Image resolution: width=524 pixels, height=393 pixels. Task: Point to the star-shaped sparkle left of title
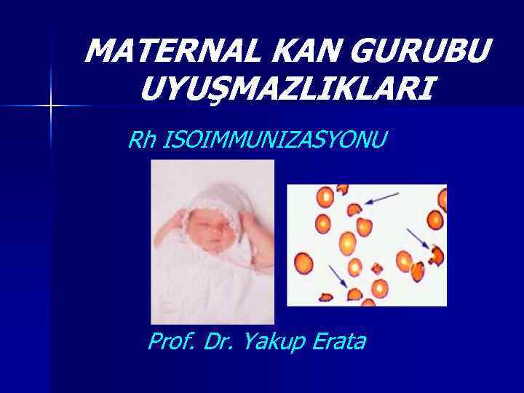tap(51, 106)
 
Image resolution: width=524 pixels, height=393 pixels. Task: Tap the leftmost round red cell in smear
tap(303, 260)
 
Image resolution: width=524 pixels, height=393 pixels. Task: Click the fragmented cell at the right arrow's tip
tap(437, 255)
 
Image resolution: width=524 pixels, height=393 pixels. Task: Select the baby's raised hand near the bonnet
tap(247, 218)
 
